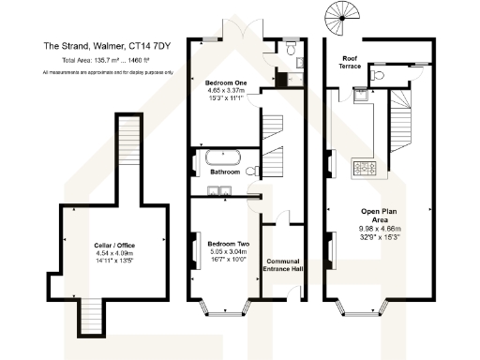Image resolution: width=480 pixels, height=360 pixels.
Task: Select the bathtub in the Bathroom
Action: (224, 157)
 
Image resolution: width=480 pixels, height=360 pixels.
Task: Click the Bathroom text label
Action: (225, 172)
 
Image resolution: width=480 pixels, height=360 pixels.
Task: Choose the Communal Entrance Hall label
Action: (283, 265)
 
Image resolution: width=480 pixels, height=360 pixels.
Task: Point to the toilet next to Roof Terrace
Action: (379, 75)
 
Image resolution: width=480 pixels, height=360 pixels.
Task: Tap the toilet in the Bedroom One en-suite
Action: (291, 46)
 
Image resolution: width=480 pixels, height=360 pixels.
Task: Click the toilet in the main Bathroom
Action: (253, 171)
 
